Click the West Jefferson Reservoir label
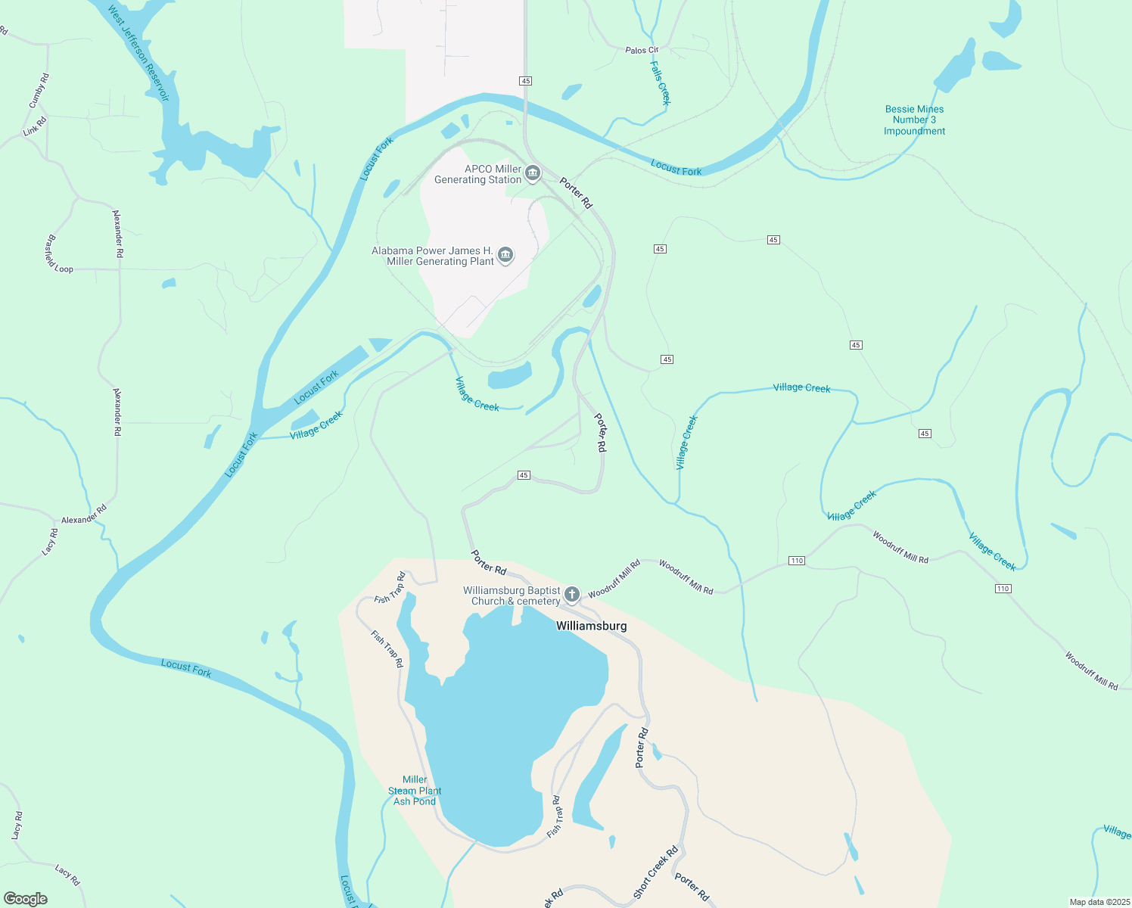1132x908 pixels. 138,54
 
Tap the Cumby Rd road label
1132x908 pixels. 39,91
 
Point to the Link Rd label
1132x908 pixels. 35,126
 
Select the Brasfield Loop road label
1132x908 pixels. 58,255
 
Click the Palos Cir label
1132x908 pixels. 642,50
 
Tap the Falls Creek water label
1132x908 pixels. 660,83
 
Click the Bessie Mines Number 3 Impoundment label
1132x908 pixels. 914,120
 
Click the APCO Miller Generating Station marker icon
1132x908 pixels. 533,174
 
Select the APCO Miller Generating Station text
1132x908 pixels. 478,175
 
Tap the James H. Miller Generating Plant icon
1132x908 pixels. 505,255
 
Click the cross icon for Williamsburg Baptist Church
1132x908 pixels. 572,595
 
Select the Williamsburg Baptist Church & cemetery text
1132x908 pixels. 512,596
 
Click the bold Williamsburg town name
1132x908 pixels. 592,626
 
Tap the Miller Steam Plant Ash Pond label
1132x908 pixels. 415,791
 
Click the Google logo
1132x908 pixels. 26,899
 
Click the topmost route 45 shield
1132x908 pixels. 526,81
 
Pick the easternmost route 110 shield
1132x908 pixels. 1003,589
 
